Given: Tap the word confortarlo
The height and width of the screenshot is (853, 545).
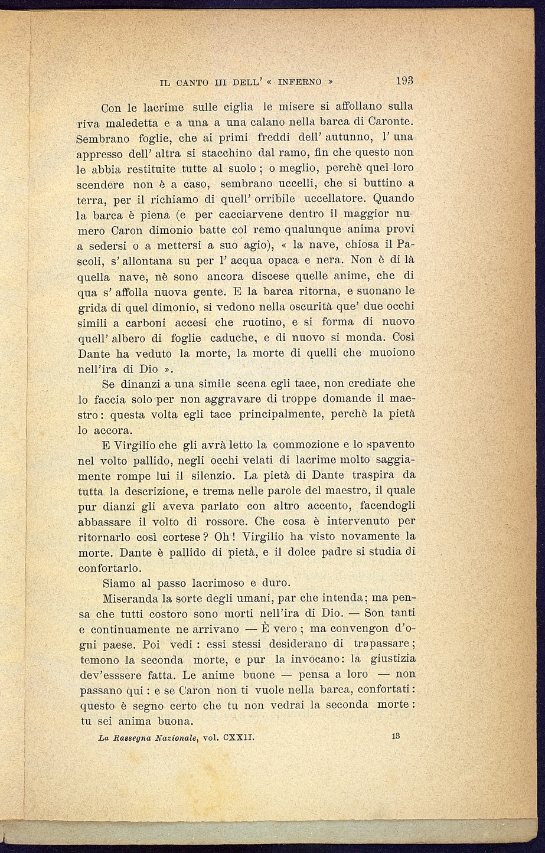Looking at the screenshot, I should point(110,568).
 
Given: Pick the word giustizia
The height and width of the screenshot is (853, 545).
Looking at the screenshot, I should point(393,659).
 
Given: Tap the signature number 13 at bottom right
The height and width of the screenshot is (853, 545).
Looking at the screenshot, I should point(395,736).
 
